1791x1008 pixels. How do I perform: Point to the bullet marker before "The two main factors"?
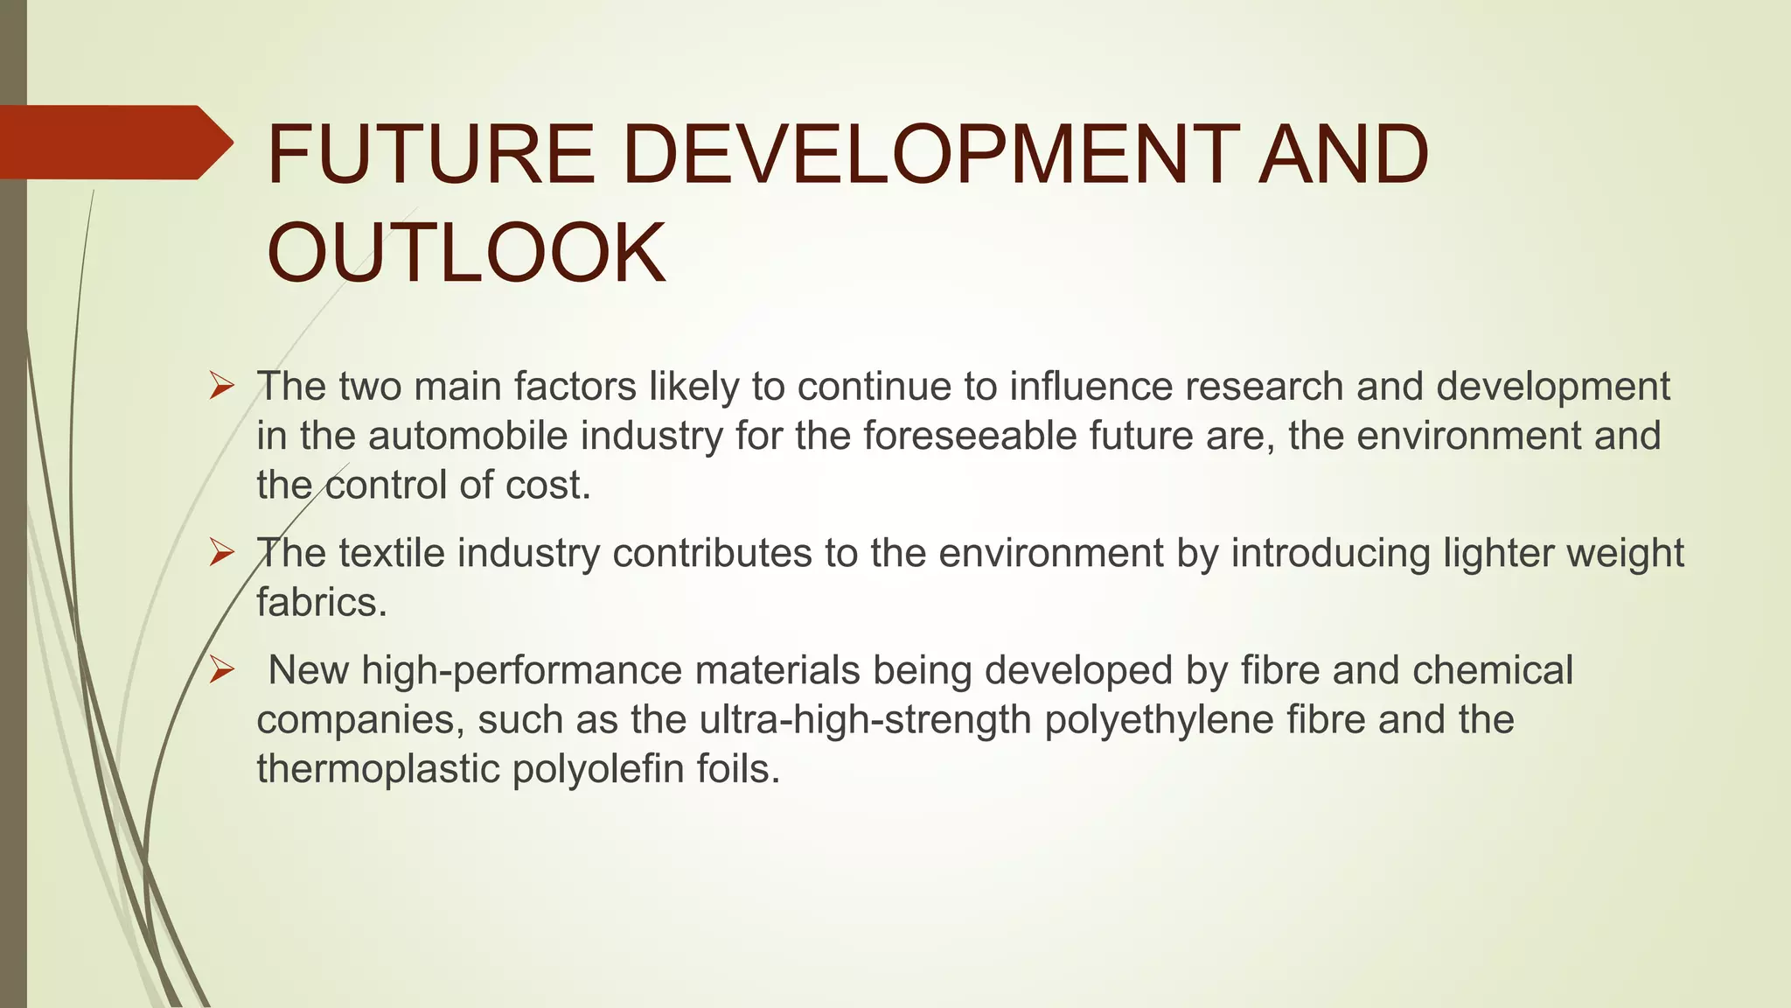pyautogui.click(x=222, y=386)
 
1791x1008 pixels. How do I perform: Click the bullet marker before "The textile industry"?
pyautogui.click(x=222, y=552)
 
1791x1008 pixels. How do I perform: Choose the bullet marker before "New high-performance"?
pyautogui.click(x=222, y=670)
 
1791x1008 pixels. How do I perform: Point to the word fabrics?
pyautogui.click(x=321, y=602)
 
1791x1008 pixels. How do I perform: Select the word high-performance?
pyautogui.click(x=522, y=670)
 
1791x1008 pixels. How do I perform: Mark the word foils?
pyautogui.click(x=737, y=769)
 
